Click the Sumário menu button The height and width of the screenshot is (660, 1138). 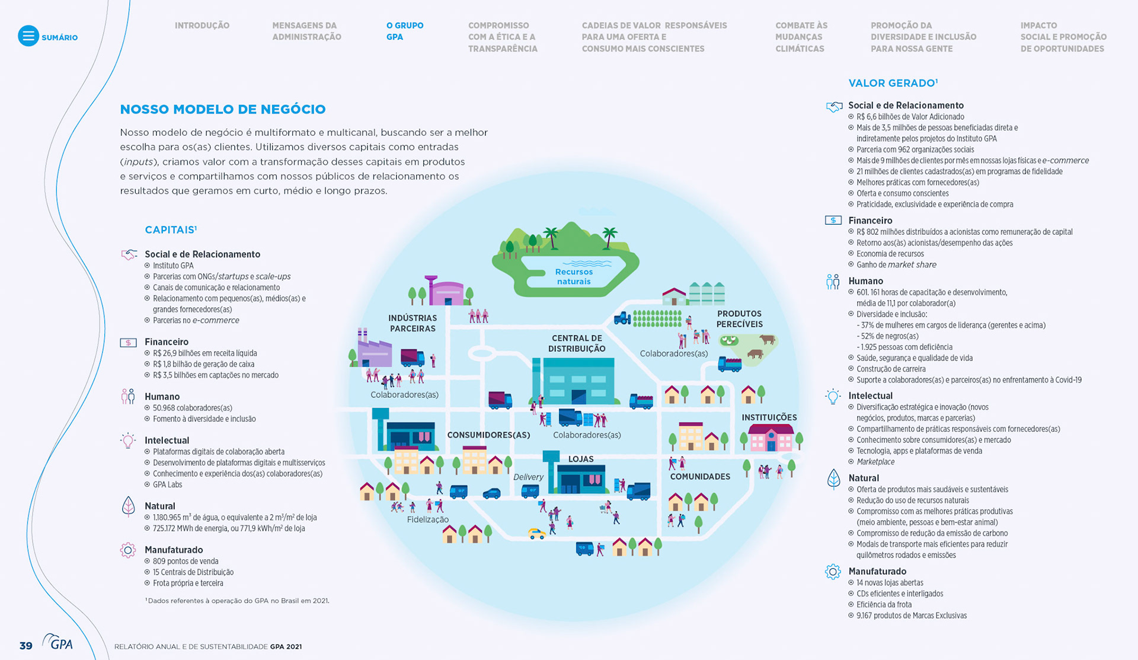[x=28, y=36]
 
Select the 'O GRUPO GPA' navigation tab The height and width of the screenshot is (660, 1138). [x=404, y=31]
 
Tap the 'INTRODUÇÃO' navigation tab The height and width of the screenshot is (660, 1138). [x=202, y=25]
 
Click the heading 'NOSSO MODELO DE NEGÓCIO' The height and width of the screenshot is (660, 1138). [x=223, y=109]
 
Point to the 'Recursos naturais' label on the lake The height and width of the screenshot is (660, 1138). [x=573, y=276]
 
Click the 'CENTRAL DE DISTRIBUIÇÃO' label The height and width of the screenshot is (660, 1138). [x=576, y=343]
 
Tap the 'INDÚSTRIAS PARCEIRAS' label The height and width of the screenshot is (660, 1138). [x=413, y=323]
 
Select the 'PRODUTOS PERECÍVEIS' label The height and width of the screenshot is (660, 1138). [x=739, y=318]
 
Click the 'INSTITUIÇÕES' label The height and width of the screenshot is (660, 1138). [x=769, y=417]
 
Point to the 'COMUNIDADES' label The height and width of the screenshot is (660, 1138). [x=700, y=477]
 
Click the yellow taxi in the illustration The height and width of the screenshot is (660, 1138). [x=537, y=534]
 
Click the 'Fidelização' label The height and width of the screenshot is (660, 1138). [x=427, y=519]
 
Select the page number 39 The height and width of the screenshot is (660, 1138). [x=26, y=646]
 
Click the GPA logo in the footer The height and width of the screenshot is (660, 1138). [x=58, y=642]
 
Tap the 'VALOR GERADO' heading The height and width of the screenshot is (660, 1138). [x=892, y=83]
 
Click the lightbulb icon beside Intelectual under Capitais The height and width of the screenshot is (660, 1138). [x=127, y=441]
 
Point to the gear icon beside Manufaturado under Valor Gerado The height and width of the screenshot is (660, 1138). [x=833, y=572]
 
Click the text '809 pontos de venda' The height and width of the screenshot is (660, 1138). [x=186, y=561]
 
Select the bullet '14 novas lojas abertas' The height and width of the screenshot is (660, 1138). [x=890, y=583]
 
